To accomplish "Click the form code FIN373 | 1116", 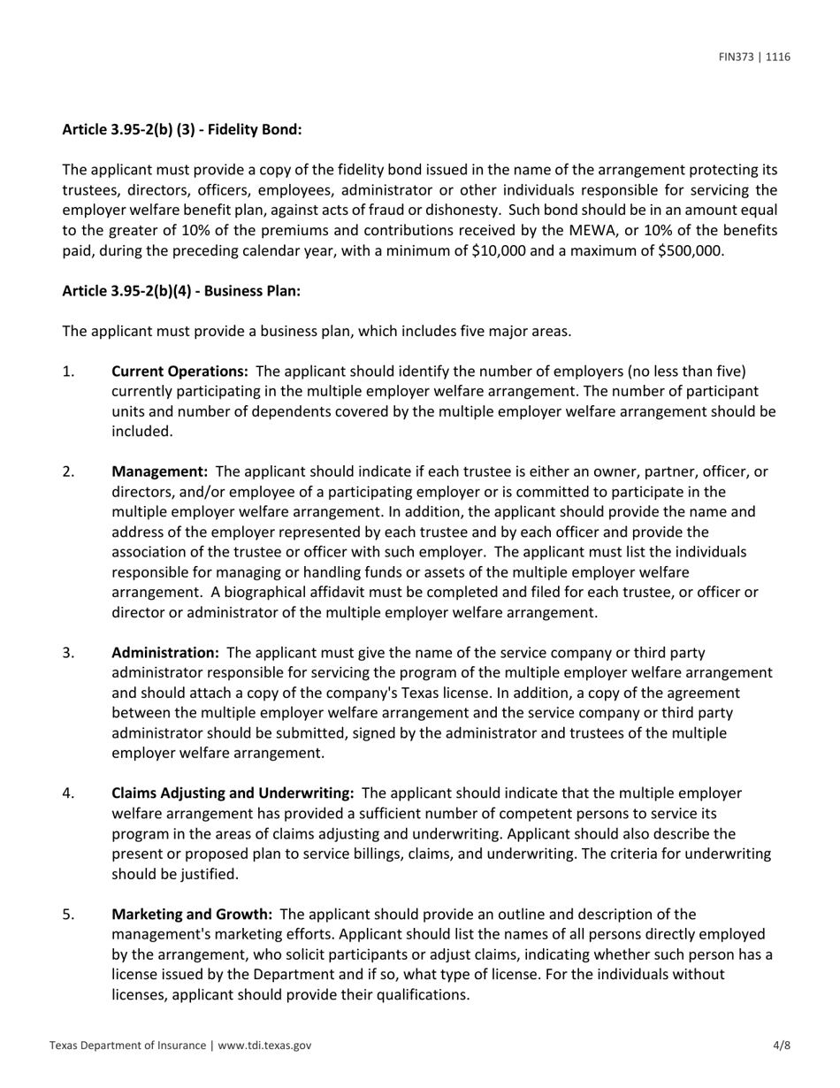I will click(754, 57).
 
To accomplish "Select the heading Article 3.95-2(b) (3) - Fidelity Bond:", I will click(181, 129).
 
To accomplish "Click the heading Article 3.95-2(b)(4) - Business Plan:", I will click(181, 291).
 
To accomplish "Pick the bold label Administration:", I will click(164, 653).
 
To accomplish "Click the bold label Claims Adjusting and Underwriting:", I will click(233, 793).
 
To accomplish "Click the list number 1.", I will click(68, 371).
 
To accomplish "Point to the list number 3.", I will click(68, 653).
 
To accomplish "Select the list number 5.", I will click(68, 914).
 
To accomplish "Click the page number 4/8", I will click(782, 1045).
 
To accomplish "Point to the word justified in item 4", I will click(186, 874).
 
